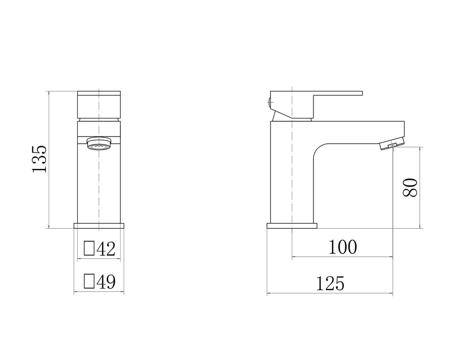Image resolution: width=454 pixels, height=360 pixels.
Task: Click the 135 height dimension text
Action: [x=39, y=159]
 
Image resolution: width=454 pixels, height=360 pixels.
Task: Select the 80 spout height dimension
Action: [x=410, y=188]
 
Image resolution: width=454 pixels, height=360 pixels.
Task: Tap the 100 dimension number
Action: [x=342, y=247]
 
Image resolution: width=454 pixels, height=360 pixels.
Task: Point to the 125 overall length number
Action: [x=330, y=283]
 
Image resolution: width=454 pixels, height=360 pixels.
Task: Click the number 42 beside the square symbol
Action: [x=106, y=249]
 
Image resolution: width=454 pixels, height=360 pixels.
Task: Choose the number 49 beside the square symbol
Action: [x=106, y=282]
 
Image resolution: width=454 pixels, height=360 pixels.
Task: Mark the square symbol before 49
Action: [x=89, y=281]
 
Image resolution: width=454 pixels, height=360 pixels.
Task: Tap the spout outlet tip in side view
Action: [x=392, y=145]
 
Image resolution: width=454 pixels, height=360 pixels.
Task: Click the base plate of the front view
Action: [x=98, y=226]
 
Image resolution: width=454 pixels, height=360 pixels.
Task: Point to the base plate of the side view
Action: [x=292, y=226]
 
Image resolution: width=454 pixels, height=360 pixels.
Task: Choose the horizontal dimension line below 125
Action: [x=330, y=293]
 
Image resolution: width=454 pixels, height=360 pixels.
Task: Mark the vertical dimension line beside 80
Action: [x=420, y=188]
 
